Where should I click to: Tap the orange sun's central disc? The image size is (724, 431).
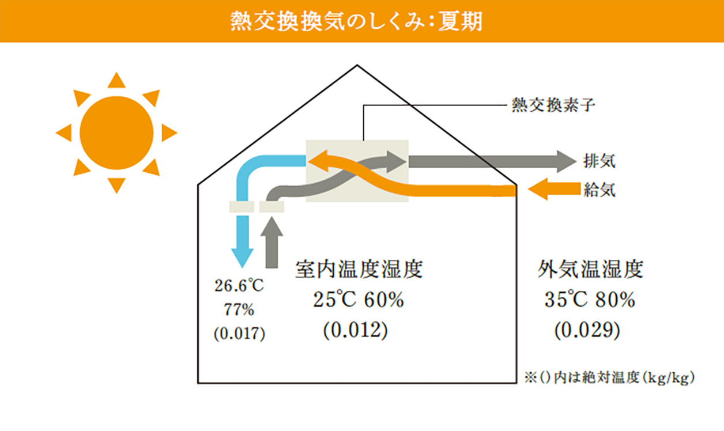tap(116, 133)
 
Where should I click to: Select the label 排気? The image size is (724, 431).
tap(599, 160)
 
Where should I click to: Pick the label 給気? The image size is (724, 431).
tap(599, 190)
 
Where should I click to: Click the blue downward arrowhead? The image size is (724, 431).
tap(242, 256)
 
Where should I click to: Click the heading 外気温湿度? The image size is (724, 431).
tap(590, 269)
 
